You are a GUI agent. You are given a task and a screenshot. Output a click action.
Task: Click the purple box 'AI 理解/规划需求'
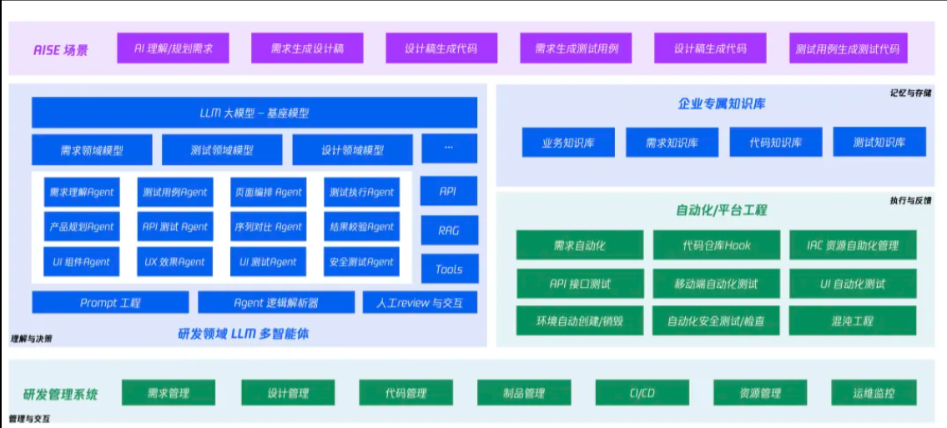(174, 48)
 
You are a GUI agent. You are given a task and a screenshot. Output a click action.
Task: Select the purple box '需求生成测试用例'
(576, 48)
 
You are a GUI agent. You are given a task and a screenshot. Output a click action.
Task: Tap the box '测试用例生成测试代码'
(847, 48)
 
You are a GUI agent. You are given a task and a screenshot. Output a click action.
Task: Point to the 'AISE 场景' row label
(60, 49)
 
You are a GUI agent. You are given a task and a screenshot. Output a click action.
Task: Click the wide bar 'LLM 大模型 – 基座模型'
(254, 113)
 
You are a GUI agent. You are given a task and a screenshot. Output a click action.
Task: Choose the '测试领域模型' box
(222, 150)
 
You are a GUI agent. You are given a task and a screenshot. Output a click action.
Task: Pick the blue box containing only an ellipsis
(449, 148)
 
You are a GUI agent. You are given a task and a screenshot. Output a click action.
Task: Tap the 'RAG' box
(449, 230)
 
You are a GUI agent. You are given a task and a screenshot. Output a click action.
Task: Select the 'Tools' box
(449, 269)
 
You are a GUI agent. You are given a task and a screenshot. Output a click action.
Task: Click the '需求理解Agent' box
(82, 192)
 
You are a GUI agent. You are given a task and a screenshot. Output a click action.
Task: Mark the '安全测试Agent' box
(361, 261)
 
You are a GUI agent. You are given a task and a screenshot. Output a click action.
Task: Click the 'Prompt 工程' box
(110, 303)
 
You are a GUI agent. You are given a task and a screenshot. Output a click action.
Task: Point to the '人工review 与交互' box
(420, 303)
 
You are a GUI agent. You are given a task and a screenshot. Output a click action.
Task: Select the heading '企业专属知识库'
(722, 104)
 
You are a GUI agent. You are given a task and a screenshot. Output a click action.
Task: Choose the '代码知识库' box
(776, 143)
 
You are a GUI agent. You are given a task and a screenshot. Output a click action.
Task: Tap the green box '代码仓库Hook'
(716, 245)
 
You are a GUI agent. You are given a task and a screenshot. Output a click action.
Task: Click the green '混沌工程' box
(852, 320)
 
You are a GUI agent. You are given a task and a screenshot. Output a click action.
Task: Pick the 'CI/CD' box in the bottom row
(642, 393)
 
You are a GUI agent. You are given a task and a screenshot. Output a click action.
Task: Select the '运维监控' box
(873, 393)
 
